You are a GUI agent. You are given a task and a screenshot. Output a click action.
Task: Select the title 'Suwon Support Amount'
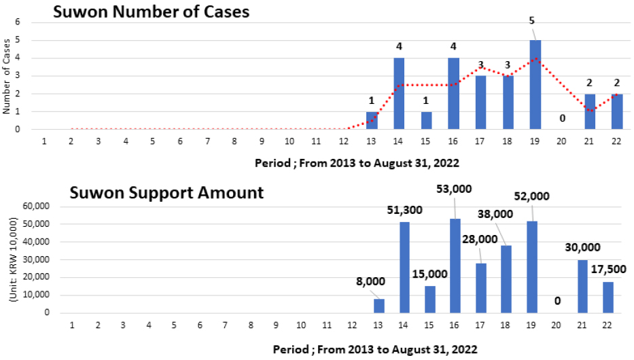(166, 192)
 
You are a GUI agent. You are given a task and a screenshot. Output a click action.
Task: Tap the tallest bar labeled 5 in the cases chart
(535, 84)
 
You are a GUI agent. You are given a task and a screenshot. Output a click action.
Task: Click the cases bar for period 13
(372, 120)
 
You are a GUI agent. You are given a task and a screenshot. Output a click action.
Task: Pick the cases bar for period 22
(617, 111)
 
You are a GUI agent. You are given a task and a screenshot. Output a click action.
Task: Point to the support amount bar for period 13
(379, 306)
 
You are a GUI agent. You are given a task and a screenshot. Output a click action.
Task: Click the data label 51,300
(405, 210)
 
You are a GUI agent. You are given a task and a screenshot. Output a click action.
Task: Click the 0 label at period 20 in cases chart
(561, 119)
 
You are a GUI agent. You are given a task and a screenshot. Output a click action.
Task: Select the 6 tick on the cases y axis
(18, 22)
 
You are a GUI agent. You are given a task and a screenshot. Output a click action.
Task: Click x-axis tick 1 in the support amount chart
(72, 325)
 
